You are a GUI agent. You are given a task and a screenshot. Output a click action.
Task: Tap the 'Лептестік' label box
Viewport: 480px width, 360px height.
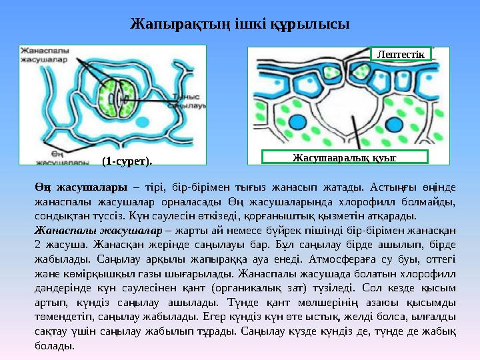click(x=401, y=53)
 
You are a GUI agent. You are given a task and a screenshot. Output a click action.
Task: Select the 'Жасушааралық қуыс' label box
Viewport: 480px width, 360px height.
click(x=344, y=157)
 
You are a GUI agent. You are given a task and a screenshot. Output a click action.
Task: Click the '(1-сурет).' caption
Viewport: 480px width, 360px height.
click(x=127, y=161)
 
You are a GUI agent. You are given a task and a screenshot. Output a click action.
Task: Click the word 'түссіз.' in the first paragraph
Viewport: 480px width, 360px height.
click(x=99, y=215)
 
